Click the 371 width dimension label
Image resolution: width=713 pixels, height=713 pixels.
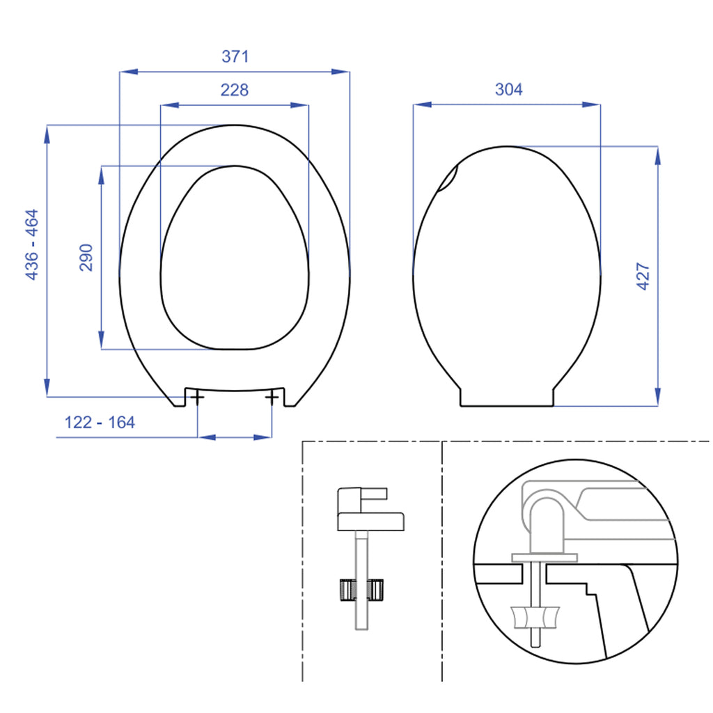click(x=235, y=57)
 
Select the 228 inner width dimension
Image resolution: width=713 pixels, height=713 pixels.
click(x=235, y=90)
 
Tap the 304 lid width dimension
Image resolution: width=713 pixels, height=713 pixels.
click(x=508, y=90)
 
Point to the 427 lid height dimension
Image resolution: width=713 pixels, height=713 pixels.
click(x=643, y=276)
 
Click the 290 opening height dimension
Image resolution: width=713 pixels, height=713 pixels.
click(x=86, y=258)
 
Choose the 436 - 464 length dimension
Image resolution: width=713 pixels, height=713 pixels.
click(x=32, y=245)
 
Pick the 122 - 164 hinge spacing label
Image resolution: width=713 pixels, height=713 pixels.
click(x=100, y=422)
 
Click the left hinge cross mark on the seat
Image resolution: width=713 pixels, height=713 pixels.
click(x=197, y=397)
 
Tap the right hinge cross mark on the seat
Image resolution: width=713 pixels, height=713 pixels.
click(x=272, y=397)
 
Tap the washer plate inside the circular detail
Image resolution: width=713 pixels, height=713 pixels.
click(x=544, y=557)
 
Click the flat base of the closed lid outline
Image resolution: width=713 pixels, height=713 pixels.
click(x=507, y=405)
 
